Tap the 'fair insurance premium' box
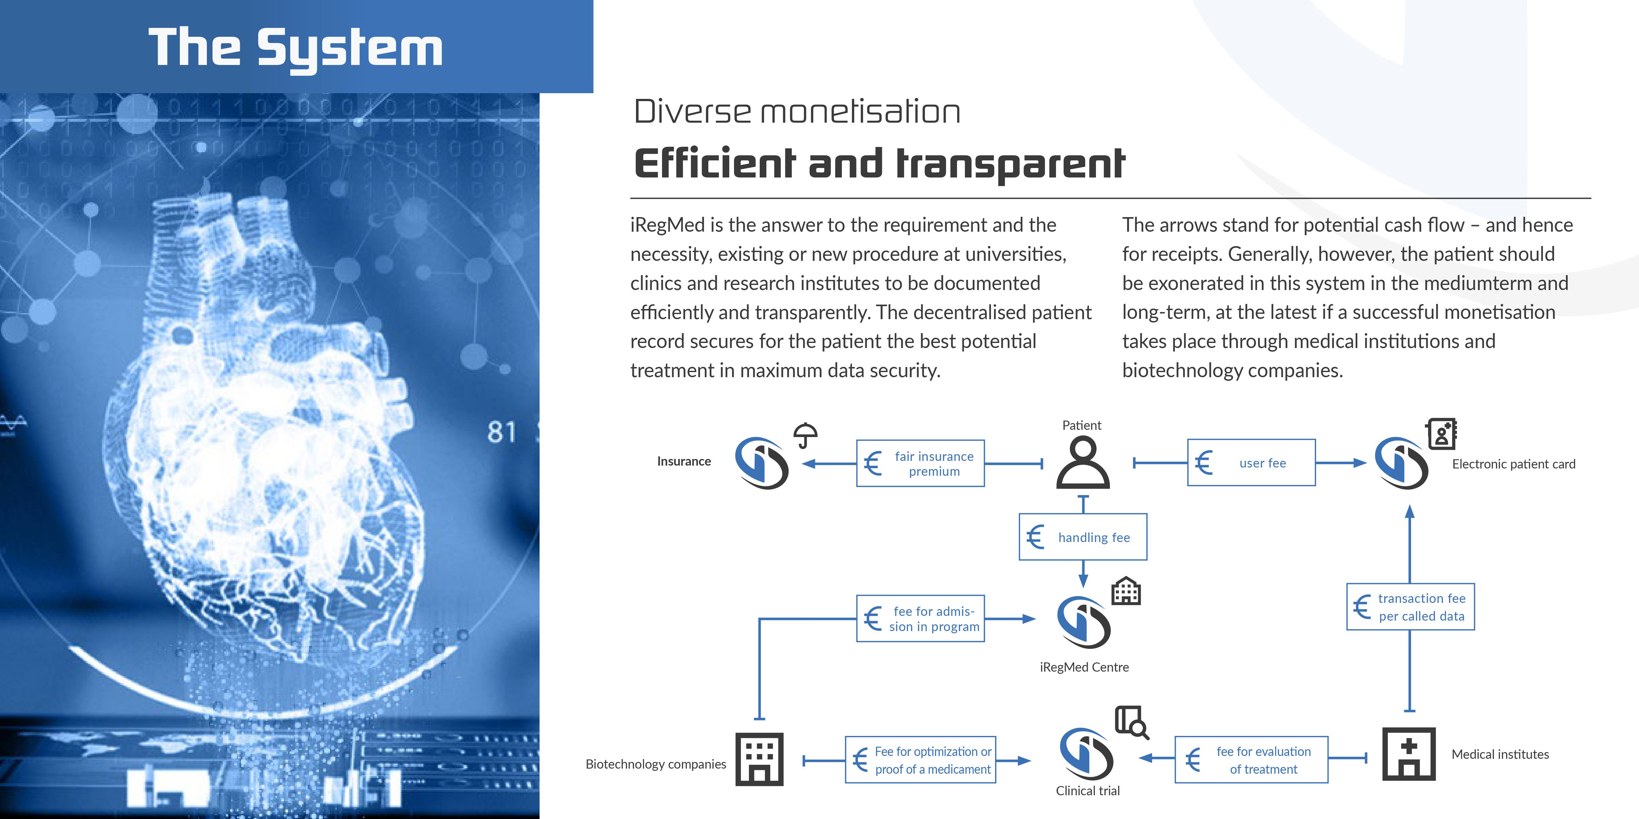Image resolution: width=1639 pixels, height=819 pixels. (920, 464)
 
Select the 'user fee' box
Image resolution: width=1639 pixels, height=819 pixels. (1251, 463)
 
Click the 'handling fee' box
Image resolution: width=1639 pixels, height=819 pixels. (1083, 537)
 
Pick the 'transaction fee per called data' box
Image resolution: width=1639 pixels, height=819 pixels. (1411, 607)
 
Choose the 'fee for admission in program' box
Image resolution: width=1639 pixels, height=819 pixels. (920, 618)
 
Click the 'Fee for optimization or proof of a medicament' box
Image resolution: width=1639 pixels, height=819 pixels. (920, 760)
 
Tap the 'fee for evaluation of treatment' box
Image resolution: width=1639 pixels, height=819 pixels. (1251, 760)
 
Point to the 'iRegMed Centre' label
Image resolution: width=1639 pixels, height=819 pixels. (1084, 667)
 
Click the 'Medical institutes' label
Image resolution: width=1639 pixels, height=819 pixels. (1500, 754)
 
